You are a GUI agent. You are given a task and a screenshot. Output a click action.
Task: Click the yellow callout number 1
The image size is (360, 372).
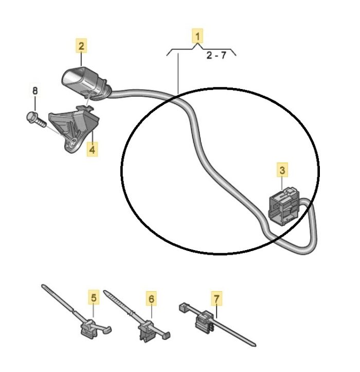tap(197, 37)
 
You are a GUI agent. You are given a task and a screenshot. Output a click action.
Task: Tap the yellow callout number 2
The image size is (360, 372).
tap(81, 46)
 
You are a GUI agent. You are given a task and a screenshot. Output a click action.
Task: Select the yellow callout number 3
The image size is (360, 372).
tap(282, 170)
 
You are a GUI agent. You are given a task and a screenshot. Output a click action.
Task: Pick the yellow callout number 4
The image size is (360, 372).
tap(92, 149)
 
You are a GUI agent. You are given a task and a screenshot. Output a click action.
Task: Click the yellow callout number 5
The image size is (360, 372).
tap(94, 297)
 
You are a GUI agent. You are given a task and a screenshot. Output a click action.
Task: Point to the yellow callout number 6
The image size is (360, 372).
tap(151, 299)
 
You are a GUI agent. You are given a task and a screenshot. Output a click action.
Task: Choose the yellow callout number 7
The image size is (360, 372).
tap(217, 299)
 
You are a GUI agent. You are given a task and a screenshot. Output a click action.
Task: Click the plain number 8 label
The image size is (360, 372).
tap(35, 91)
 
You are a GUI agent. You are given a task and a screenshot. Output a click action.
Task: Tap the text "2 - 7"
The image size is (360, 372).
tap(217, 55)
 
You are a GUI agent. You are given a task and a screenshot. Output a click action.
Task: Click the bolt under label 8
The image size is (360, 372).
tap(36, 120)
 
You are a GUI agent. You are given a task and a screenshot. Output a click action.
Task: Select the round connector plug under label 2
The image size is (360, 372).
tap(86, 83)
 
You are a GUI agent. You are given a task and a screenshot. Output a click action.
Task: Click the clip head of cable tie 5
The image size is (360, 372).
tap(89, 329)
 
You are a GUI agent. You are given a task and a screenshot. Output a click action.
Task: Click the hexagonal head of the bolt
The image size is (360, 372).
tap(30, 117)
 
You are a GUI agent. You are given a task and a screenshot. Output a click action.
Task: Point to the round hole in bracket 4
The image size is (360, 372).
tap(73, 143)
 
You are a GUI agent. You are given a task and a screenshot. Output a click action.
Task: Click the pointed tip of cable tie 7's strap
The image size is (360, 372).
tap(255, 345)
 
